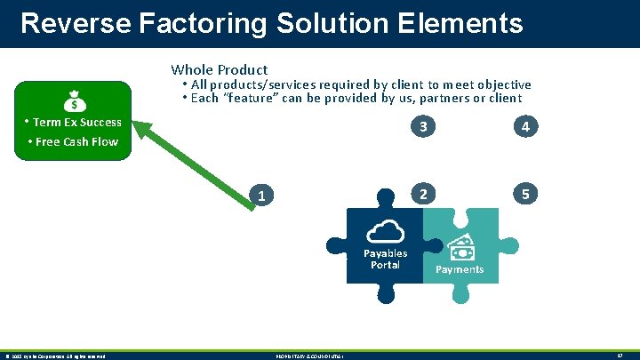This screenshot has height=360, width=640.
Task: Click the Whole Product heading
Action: [219, 69]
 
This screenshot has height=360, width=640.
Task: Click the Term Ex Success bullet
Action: [73, 123]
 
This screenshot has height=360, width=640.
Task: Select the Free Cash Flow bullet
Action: [73, 142]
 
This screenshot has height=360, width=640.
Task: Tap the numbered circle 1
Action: [260, 195]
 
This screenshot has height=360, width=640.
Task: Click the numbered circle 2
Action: [425, 194]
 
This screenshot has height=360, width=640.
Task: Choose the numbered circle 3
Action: [425, 127]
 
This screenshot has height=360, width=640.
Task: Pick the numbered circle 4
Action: [526, 127]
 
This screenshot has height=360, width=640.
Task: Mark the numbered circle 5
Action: [526, 194]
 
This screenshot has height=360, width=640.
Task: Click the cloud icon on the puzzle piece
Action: [385, 231]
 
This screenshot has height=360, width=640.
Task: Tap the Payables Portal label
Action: [385, 260]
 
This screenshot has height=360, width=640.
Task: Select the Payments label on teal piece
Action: [460, 269]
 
